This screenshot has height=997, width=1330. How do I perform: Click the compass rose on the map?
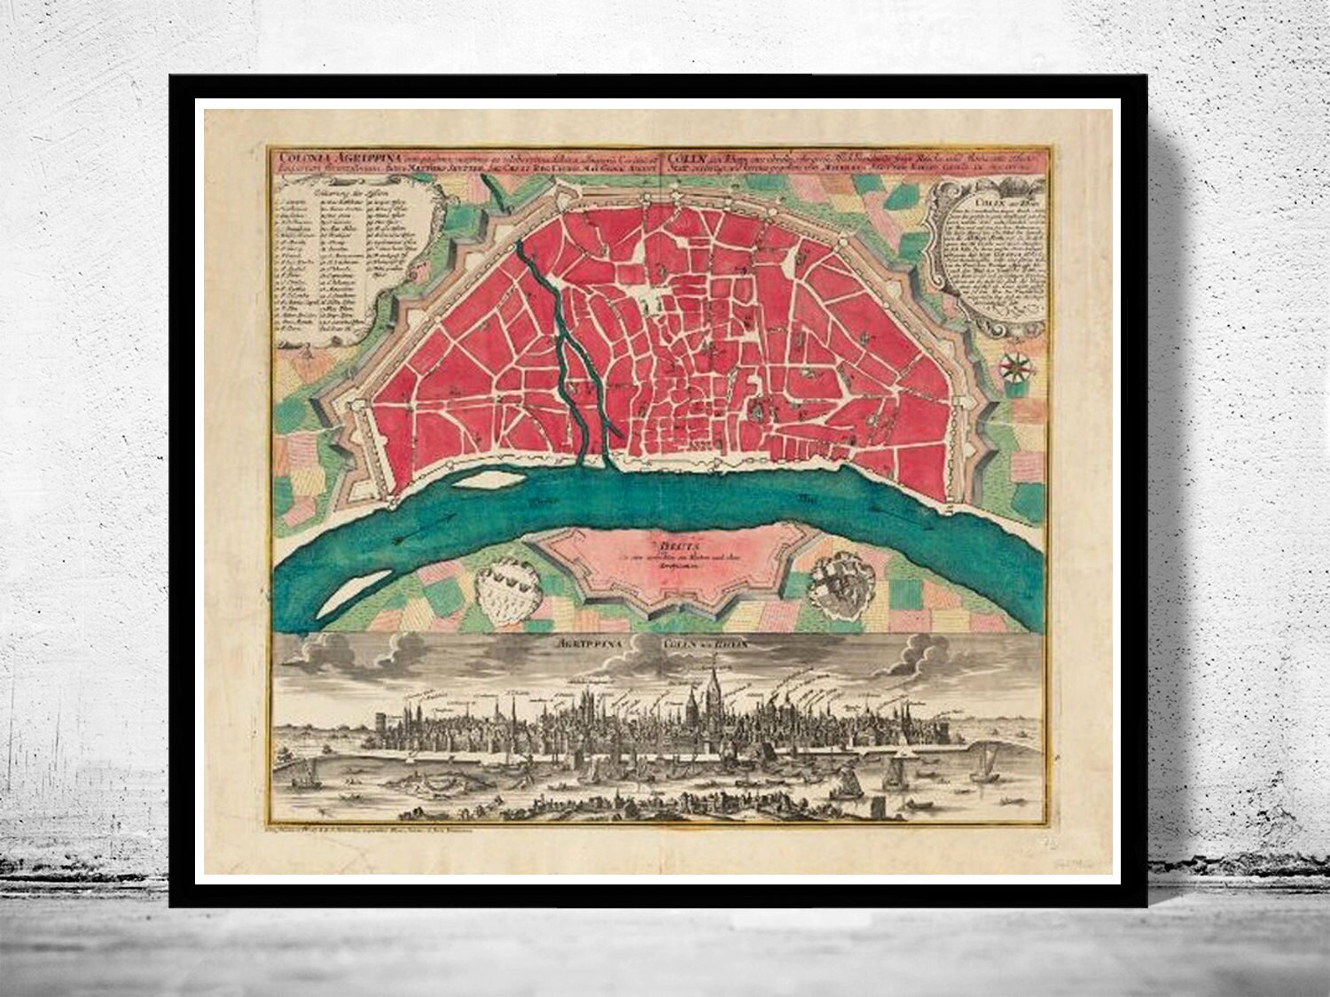1016,365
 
